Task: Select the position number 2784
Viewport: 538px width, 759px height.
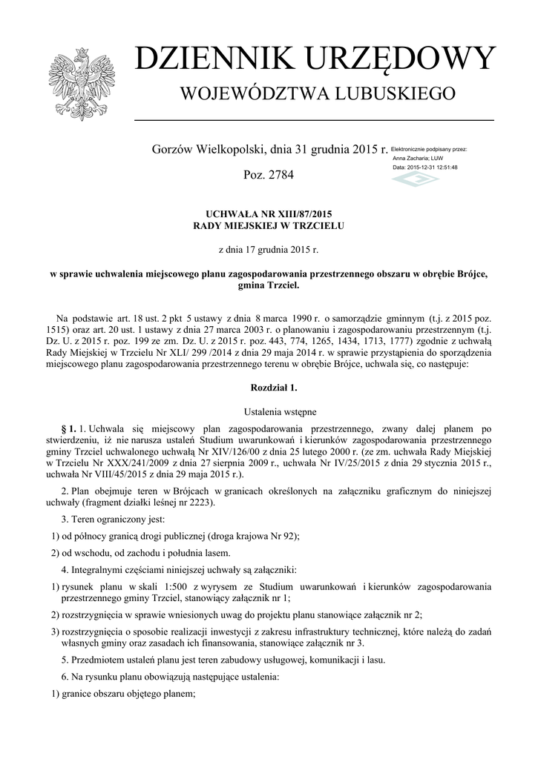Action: coord(281,176)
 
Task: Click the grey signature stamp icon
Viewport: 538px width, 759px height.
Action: coord(413,182)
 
